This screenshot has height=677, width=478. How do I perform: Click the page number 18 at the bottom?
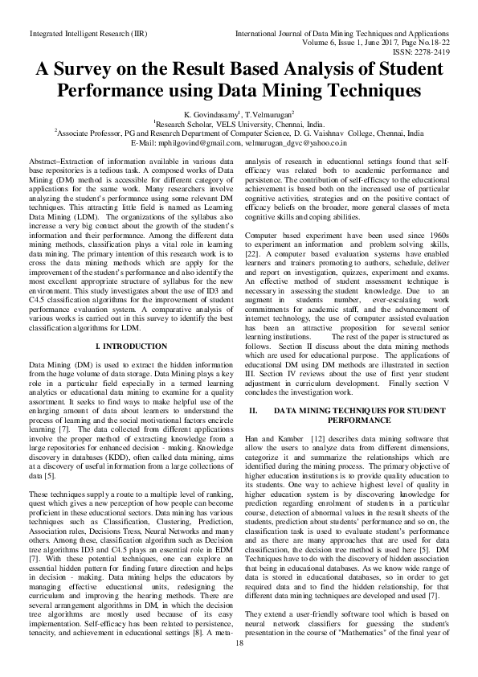(239, 642)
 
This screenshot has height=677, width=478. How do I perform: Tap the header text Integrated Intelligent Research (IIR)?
(76, 35)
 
